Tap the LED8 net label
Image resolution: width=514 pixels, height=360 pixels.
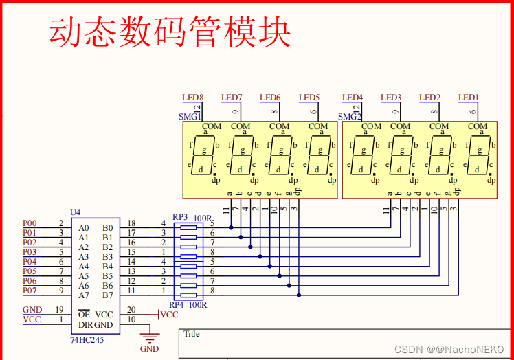[192, 98]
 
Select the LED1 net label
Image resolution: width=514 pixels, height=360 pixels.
[469, 98]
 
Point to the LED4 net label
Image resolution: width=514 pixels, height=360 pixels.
[353, 98]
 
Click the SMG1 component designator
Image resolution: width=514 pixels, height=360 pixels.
[189, 117]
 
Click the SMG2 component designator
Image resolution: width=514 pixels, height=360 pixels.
[350, 117]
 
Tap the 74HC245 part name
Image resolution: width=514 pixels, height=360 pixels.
[87, 340]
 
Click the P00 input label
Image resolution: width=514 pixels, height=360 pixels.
[30, 223]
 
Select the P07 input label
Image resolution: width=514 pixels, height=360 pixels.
[30, 291]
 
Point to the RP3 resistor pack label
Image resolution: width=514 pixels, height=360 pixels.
[180, 217]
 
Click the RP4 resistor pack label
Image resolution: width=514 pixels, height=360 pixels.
[177, 304]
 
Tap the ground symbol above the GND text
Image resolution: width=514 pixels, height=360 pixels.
[148, 337]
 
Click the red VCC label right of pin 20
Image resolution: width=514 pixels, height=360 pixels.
[168, 315]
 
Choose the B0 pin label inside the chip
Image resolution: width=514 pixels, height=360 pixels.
[107, 228]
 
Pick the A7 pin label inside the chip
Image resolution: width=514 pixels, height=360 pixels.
[84, 295]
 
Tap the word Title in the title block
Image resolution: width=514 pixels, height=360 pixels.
[192, 334]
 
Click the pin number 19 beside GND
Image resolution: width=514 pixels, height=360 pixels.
[60, 310]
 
